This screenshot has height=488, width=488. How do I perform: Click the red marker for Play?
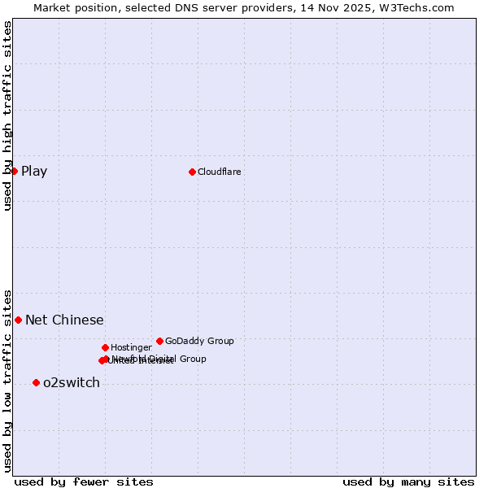14,171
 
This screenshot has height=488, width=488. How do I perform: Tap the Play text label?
34,171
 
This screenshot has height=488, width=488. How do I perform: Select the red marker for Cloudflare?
192,172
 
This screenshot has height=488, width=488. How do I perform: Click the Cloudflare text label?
219,172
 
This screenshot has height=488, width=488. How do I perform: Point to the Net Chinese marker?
18,320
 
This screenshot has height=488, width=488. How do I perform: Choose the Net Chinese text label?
64,320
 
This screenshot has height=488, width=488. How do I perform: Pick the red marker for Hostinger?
105,347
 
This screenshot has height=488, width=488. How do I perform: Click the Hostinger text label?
131,347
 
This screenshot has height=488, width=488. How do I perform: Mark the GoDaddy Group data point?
159,341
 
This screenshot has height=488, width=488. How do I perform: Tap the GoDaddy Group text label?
199,341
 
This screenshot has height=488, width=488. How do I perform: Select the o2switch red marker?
36,382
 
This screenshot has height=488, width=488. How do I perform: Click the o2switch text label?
72,383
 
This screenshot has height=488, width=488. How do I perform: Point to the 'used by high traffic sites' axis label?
8,115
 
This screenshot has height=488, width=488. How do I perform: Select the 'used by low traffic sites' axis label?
8,380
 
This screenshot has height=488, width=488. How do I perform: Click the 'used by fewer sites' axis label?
84,481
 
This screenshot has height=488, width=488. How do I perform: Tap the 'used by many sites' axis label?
408,481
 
